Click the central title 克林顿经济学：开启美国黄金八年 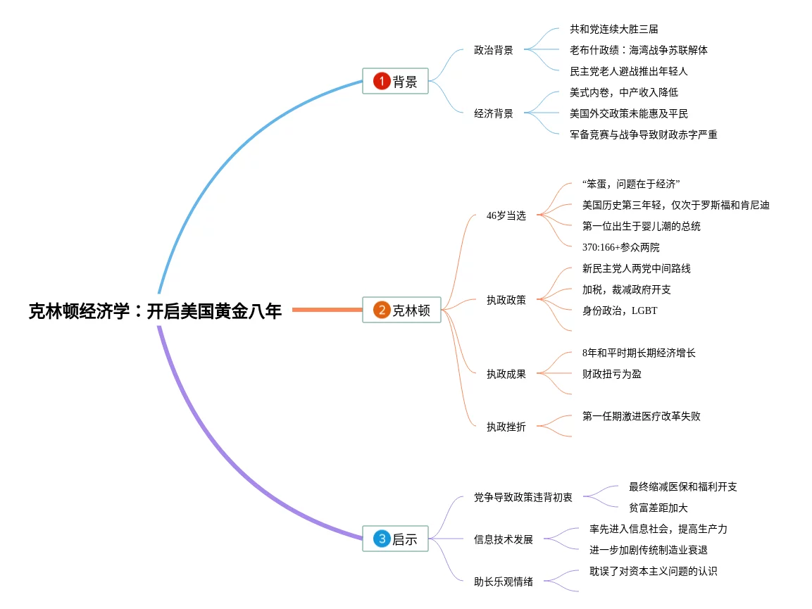tap(155, 310)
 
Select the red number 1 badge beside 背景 tap(382, 82)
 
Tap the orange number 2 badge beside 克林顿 tap(382, 310)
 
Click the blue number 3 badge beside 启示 tap(382, 539)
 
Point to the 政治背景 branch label tap(493, 50)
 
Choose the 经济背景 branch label tap(493, 113)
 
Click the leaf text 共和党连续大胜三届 tap(614, 29)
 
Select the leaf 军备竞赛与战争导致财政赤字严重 tap(644, 134)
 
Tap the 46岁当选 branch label tap(506, 215)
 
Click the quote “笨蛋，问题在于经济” tap(631, 184)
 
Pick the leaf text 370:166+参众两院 tap(621, 247)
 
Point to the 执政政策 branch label tap(506, 300)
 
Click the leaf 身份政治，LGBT tap(620, 310)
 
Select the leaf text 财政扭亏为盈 tap(612, 374)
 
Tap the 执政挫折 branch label tap(506, 427)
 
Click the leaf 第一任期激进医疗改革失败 tap(642, 416)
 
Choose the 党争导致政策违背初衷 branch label tap(523, 497)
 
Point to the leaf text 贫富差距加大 tap(658, 508)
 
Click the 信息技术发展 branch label tap(503, 539)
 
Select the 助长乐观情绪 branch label tap(503, 582)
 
